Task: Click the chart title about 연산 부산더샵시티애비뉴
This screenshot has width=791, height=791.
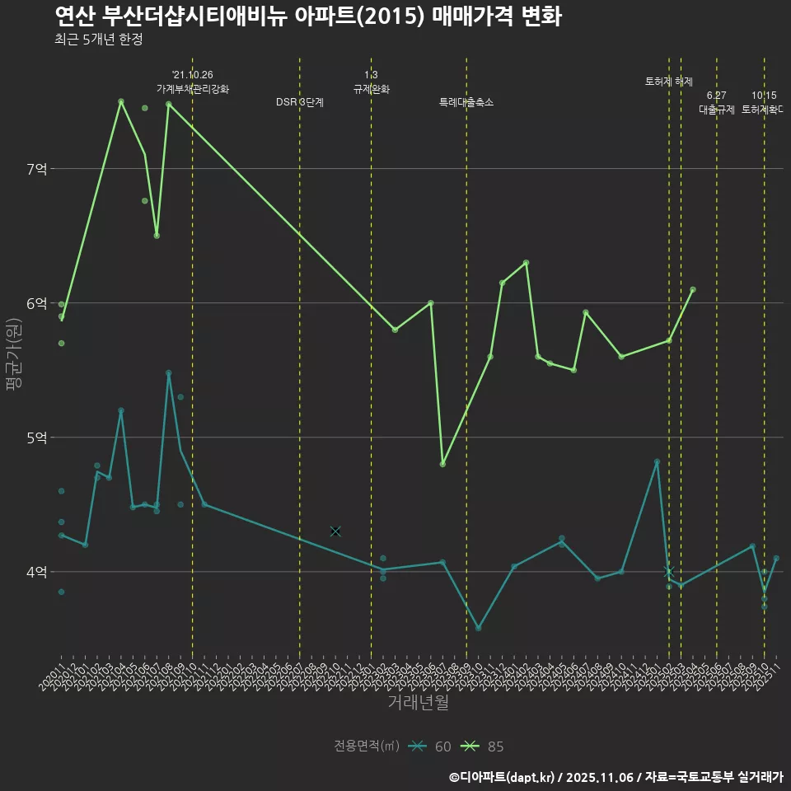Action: tap(308, 16)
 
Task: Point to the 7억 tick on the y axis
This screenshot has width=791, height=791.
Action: tap(37, 169)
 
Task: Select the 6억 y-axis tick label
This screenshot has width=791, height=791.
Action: tap(37, 303)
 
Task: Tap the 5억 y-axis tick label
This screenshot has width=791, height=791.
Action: tap(37, 438)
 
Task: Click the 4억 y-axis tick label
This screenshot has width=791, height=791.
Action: tap(37, 572)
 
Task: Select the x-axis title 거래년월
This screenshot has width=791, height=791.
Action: tap(418, 703)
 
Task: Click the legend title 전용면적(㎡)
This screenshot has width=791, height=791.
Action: tap(367, 747)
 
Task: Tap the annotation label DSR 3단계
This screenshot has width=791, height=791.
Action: tap(300, 102)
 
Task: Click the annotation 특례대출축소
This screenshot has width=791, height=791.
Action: tap(466, 102)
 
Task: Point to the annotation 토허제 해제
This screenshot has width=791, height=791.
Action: tap(668, 82)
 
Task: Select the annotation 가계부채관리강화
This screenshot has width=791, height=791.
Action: tap(193, 88)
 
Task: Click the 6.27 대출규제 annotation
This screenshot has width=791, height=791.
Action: tap(716, 102)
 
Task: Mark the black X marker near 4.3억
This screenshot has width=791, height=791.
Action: tap(335, 531)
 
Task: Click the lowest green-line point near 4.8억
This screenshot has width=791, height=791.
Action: tap(442, 464)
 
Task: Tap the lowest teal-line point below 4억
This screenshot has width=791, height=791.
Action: tap(478, 628)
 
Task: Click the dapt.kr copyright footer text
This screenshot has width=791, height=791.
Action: tap(615, 777)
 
